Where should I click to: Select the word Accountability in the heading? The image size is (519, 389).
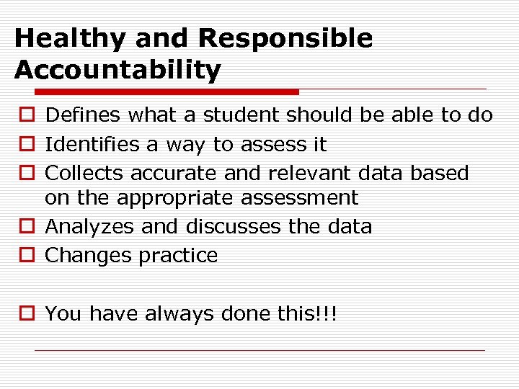click(x=117, y=71)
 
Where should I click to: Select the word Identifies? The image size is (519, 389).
click(x=94, y=145)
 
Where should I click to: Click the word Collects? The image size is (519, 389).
click(x=84, y=174)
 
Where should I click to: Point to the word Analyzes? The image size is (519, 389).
click(x=90, y=227)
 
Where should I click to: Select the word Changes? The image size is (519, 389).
click(x=86, y=256)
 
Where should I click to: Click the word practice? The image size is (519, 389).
click(x=175, y=256)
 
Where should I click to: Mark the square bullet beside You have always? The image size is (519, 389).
click(x=26, y=314)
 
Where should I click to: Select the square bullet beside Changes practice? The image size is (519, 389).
click(x=26, y=256)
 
